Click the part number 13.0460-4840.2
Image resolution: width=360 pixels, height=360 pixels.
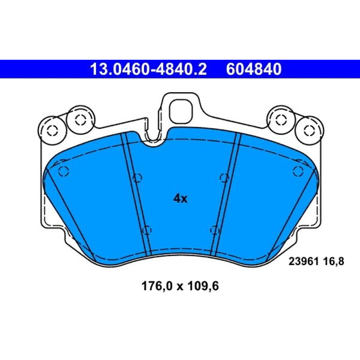(149, 69)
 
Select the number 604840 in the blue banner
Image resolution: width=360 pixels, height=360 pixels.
(253, 69)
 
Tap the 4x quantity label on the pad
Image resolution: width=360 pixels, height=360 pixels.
(180, 199)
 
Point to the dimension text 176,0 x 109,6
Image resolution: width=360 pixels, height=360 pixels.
(180, 286)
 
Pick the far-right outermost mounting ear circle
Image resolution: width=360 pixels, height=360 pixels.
(309, 130)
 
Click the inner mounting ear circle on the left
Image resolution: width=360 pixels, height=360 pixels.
(80, 120)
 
